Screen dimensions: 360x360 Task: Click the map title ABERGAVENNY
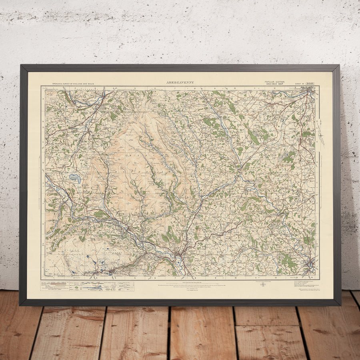pyautogui.click(x=180, y=82)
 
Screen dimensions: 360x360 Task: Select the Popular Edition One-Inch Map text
pyautogui.click(x=274, y=83)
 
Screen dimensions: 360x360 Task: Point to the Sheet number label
pyautogui.click(x=305, y=84)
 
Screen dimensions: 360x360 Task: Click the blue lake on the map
pyautogui.click(x=75, y=178)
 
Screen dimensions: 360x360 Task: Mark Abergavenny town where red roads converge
pyautogui.click(x=180, y=253)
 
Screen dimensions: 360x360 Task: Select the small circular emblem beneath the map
pyautogui.click(x=262, y=285)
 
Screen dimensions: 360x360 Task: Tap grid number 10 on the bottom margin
pyautogui.click(x=236, y=277)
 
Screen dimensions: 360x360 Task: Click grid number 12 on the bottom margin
pyautogui.click(x=276, y=277)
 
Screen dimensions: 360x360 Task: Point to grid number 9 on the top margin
pyautogui.click(x=215, y=87)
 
